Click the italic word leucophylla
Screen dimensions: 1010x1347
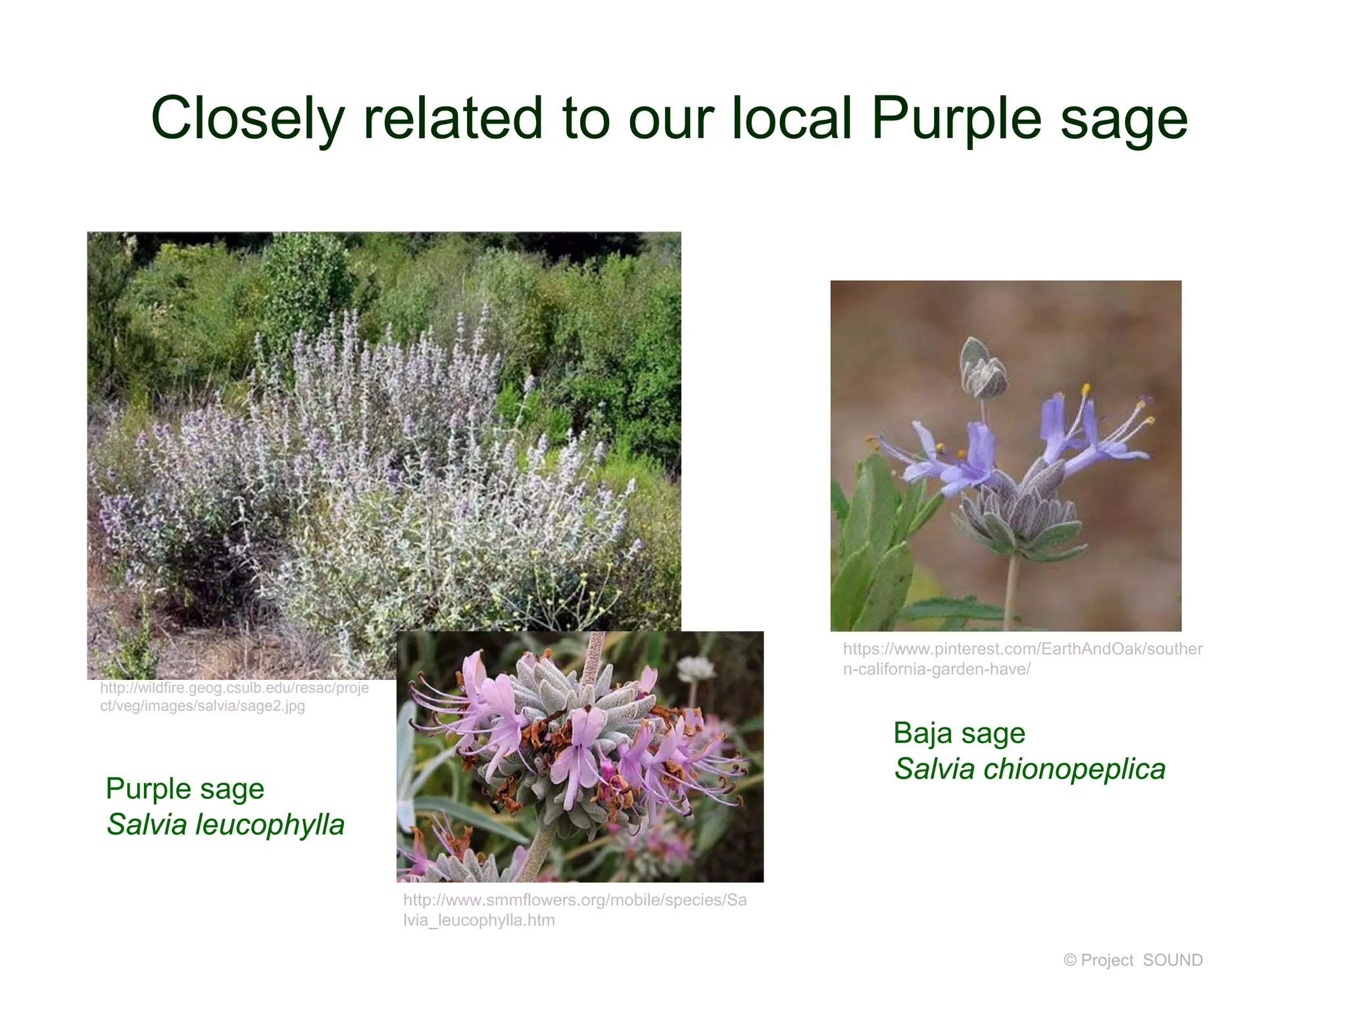pos(270,825)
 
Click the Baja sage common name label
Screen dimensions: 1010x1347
pos(959,733)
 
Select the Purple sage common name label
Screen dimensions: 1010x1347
pos(185,788)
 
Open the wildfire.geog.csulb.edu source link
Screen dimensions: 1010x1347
pos(234,697)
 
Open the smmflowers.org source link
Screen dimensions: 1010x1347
pos(574,910)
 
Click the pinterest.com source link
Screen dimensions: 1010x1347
pos(1022,659)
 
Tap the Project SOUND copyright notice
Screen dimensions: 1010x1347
pos(1133,960)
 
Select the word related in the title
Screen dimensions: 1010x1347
pos(453,118)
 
